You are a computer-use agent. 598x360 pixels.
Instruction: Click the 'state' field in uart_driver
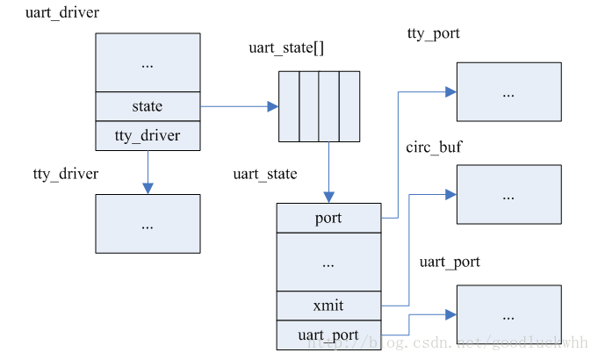(x=148, y=106)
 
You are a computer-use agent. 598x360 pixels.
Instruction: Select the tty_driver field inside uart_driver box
(x=148, y=135)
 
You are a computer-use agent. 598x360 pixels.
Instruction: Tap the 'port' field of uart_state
(x=328, y=217)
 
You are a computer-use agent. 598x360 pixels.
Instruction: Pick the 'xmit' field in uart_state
(x=328, y=306)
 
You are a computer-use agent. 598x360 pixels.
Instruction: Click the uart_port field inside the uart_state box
(x=328, y=335)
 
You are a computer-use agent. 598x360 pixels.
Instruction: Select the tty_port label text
(x=434, y=33)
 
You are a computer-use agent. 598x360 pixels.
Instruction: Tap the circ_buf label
(x=434, y=147)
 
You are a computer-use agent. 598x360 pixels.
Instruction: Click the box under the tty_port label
(x=508, y=91)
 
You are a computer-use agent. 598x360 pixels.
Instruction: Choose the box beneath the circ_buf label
(x=508, y=195)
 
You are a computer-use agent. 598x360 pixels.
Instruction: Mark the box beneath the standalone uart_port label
(x=508, y=314)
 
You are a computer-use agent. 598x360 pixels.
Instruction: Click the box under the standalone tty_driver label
(x=148, y=224)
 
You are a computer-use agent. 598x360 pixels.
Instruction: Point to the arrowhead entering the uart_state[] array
(x=273, y=106)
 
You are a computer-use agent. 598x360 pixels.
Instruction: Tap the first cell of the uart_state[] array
(x=289, y=106)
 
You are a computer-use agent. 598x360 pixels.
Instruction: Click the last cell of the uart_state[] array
(x=350, y=106)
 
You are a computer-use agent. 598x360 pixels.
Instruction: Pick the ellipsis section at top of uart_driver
(x=148, y=62)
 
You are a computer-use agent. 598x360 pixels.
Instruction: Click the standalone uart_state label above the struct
(x=264, y=174)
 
